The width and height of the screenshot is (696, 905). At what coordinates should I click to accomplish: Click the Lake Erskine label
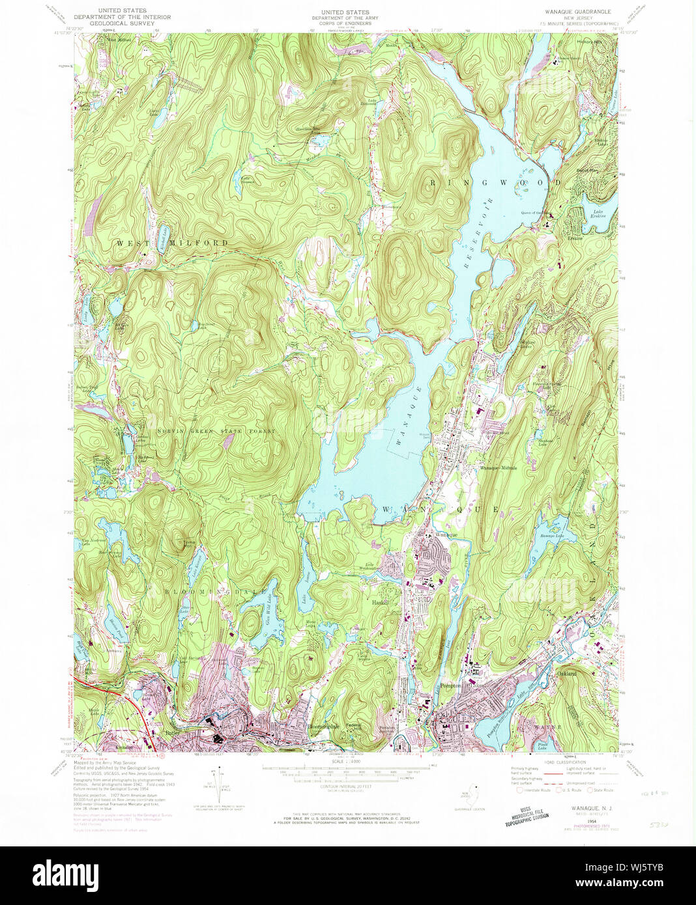pyautogui.click(x=599, y=217)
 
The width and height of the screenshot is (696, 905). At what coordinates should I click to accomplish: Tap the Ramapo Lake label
pyautogui.click(x=551, y=536)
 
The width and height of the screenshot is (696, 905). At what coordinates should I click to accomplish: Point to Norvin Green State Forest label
pyautogui.click(x=216, y=432)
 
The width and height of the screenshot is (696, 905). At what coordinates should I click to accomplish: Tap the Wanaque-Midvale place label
pyautogui.click(x=499, y=468)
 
